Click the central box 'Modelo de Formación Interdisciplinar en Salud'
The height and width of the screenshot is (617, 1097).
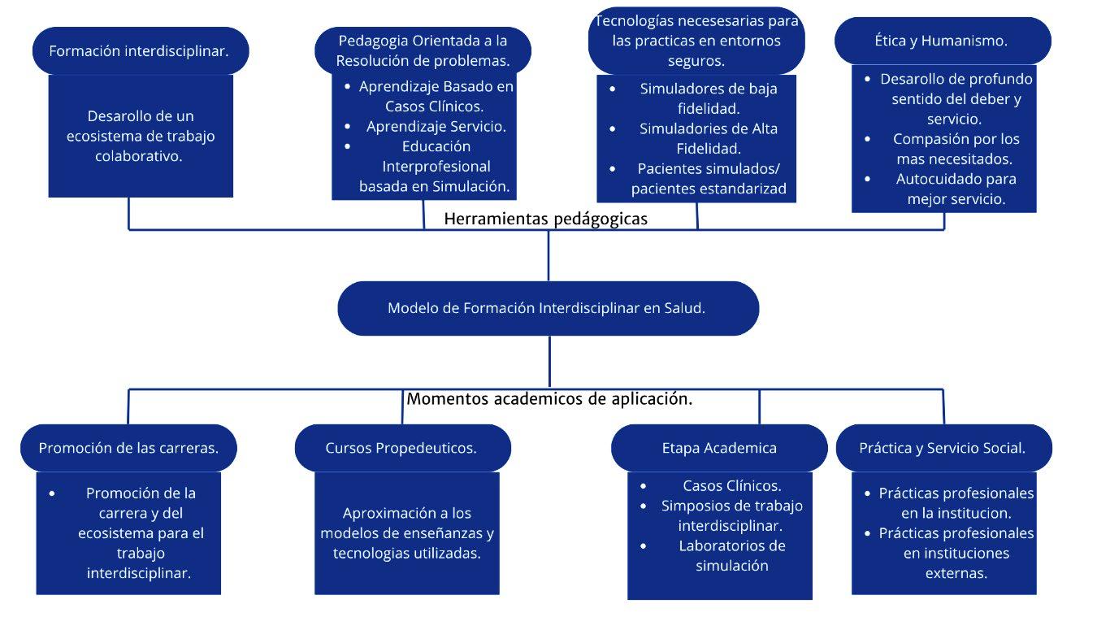pyautogui.click(x=548, y=308)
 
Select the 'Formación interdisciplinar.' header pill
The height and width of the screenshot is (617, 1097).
pyautogui.click(x=139, y=50)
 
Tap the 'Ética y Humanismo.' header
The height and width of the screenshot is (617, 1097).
pyautogui.click(x=941, y=40)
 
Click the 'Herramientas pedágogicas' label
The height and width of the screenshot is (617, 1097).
pyautogui.click(x=546, y=219)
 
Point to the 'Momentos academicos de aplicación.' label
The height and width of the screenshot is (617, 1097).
pyautogui.click(x=549, y=399)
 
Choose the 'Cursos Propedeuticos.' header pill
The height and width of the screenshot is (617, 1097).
pyautogui.click(x=401, y=448)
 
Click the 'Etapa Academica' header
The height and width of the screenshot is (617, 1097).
pyautogui.click(x=718, y=448)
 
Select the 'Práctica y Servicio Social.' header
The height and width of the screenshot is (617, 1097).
pyautogui.click(x=943, y=448)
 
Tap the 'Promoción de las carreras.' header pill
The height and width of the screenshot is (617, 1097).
pyautogui.click(x=128, y=448)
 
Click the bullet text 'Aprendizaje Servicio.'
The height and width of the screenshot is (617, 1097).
pyautogui.click(x=436, y=126)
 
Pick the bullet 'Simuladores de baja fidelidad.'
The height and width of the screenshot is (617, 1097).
pyautogui.click(x=708, y=98)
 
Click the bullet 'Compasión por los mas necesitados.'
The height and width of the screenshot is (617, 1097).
pyautogui.click(x=956, y=149)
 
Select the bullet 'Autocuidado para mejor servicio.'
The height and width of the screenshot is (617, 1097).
pyautogui.click(x=956, y=189)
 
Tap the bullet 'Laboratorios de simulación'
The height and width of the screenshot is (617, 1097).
pyautogui.click(x=731, y=555)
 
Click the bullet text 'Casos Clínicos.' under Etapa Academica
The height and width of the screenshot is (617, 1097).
pyautogui.click(x=731, y=486)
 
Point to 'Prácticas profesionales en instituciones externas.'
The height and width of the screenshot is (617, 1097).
pyautogui.click(x=956, y=553)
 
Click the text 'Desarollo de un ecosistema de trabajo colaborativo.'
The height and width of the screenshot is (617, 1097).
pyautogui.click(x=140, y=136)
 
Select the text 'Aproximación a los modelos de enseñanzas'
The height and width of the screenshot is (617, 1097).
pyautogui.click(x=406, y=523)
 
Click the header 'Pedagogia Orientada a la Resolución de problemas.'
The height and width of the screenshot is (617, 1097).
pyautogui.click(x=423, y=50)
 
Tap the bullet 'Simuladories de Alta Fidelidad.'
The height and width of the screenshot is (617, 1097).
pyautogui.click(x=708, y=138)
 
